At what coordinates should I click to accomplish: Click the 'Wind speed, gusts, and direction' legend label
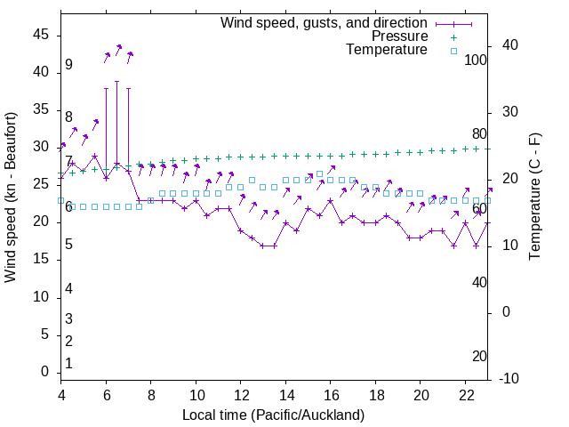coord(324,22)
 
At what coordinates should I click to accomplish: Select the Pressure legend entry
coord(399,36)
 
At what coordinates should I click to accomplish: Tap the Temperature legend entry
coord(387,50)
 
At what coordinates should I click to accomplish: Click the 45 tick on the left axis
coord(41,35)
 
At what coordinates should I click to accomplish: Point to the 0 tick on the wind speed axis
coord(45,373)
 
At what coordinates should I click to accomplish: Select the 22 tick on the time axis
coord(465,396)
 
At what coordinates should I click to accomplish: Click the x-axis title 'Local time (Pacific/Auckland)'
coord(273,415)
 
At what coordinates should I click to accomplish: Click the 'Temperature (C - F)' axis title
coord(534,197)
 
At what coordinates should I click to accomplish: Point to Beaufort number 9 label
coord(68,65)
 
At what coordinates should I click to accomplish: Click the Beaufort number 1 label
coord(68,364)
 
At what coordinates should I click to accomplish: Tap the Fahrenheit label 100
coord(476,60)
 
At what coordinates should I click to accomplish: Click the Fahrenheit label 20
coord(479,357)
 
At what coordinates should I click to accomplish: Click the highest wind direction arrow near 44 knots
coord(118,48)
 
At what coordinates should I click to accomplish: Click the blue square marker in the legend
coord(453,51)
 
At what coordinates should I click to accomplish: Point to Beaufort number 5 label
coord(68,245)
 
